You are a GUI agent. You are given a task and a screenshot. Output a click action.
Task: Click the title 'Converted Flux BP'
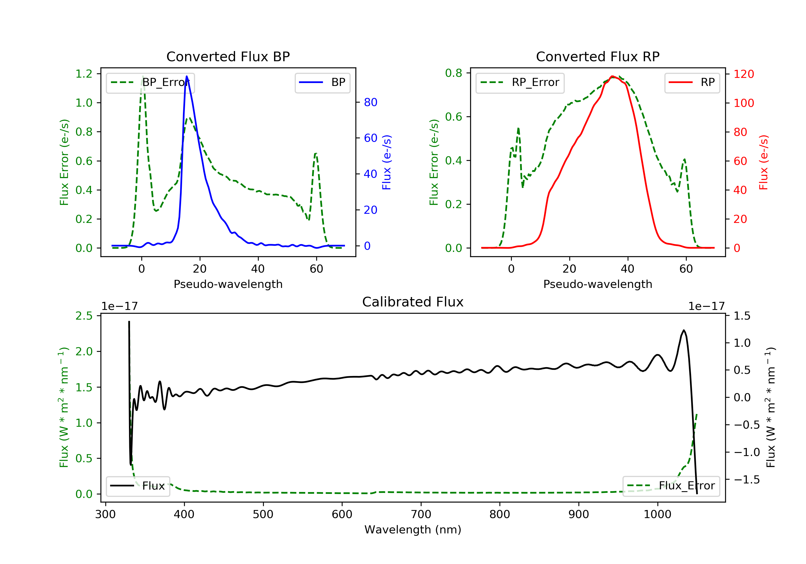click(x=228, y=56)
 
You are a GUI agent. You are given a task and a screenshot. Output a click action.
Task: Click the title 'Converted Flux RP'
click(x=598, y=56)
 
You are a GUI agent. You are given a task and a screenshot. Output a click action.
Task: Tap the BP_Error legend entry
click(x=150, y=82)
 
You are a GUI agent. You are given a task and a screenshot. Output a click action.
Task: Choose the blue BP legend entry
click(x=322, y=82)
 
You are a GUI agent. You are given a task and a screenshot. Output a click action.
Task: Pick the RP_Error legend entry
click(x=520, y=82)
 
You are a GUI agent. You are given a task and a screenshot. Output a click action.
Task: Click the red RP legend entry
click(x=692, y=82)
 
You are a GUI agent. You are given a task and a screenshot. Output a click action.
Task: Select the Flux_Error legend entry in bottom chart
click(x=671, y=486)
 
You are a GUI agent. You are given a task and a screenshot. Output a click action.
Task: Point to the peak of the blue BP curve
click(x=186, y=76)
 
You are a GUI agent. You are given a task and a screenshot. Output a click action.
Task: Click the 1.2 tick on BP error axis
click(x=84, y=74)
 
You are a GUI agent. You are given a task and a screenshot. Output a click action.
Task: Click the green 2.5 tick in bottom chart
click(x=84, y=316)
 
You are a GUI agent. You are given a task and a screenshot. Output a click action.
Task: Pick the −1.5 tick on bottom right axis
click(x=746, y=479)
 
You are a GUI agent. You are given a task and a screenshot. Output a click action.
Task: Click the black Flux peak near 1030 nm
click(x=683, y=330)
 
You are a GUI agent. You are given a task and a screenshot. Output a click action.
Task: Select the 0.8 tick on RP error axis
click(x=454, y=73)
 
